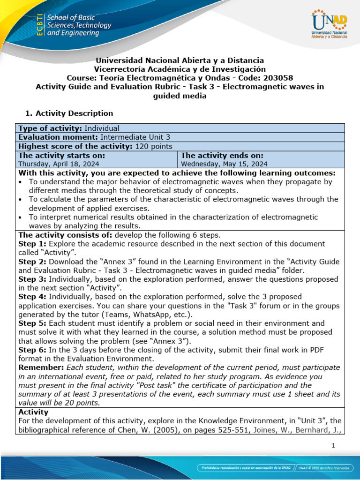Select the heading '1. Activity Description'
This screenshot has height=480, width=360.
68,113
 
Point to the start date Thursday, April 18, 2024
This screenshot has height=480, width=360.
59,164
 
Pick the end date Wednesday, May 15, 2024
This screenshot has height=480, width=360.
224,164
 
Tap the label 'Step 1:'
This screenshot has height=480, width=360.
32,244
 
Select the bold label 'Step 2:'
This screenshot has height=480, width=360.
32,262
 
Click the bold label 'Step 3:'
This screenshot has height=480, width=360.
32,279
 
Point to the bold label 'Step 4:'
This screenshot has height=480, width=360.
32,297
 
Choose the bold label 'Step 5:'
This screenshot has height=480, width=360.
32,323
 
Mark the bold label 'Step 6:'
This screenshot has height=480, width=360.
32,350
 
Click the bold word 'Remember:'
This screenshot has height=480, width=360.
40,367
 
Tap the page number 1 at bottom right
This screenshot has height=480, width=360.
333,446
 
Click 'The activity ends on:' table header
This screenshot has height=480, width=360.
222,155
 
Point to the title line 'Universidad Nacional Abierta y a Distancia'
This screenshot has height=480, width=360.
180,60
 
